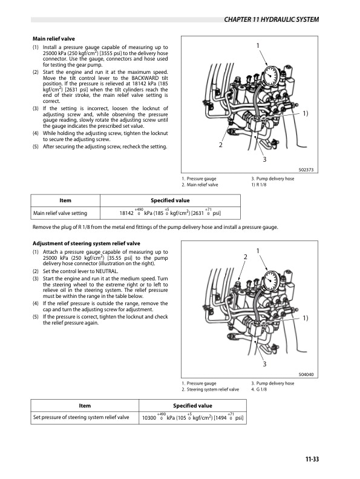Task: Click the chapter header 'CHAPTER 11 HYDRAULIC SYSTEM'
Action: (x=270, y=20)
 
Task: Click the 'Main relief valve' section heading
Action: (x=53, y=39)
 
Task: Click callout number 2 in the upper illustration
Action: (x=220, y=145)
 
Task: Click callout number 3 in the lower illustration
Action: (x=264, y=363)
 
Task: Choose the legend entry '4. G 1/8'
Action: (x=262, y=389)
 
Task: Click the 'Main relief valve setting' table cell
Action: (x=60, y=213)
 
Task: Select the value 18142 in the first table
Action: (x=126, y=213)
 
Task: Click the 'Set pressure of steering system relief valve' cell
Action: (x=81, y=418)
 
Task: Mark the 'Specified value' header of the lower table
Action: (x=192, y=405)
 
